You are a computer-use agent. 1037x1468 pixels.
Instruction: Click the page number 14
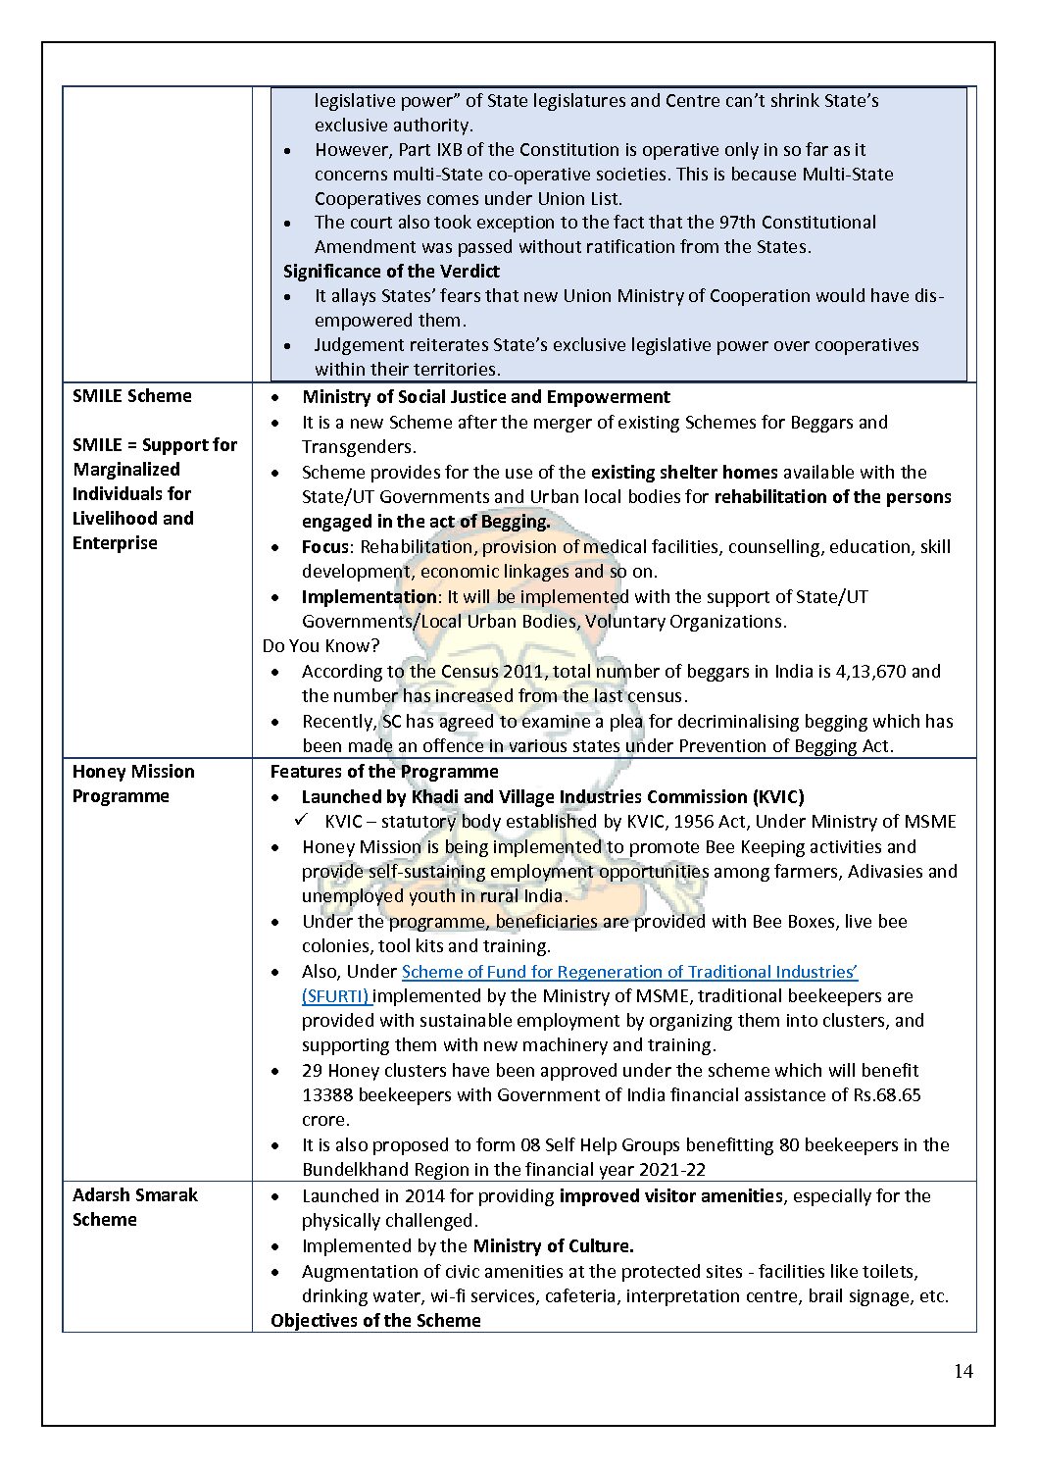click(963, 1371)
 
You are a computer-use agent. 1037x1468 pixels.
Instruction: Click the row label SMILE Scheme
click(132, 396)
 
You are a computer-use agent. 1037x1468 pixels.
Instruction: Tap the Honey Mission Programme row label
click(133, 784)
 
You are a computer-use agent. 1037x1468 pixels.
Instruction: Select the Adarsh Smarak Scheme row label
click(135, 1207)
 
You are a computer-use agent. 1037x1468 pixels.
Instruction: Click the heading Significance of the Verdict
click(391, 272)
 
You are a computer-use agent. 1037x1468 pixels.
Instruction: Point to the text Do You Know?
click(321, 646)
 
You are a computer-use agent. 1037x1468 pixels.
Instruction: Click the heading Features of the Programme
click(384, 772)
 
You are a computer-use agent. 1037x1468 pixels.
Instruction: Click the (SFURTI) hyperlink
click(335, 996)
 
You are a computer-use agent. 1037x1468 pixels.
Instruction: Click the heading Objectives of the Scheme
click(375, 1321)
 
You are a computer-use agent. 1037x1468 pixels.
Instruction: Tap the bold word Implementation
click(369, 597)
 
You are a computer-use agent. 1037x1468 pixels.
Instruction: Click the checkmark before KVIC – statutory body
click(302, 821)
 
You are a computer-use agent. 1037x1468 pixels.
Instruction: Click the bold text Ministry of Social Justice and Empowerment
click(486, 397)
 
